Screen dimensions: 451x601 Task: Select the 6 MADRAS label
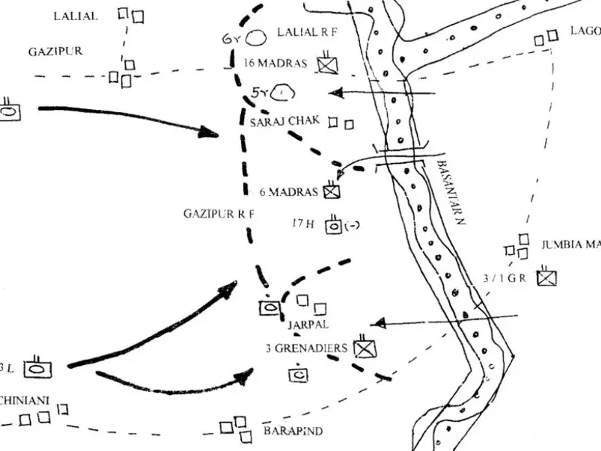[x=288, y=192]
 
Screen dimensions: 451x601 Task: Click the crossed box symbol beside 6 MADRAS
[x=332, y=191]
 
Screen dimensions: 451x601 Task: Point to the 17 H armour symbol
[x=334, y=225]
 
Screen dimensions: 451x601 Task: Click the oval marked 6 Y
[x=257, y=38]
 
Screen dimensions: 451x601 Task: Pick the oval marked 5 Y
[x=283, y=93]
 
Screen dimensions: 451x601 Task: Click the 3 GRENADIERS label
[x=307, y=348]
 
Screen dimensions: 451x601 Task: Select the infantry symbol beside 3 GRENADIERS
[x=364, y=349]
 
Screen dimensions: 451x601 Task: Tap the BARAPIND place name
[x=292, y=431]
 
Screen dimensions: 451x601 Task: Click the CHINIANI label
[x=25, y=400]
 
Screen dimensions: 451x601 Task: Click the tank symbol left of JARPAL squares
[x=269, y=307]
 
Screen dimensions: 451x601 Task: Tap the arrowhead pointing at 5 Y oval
[x=337, y=94]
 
